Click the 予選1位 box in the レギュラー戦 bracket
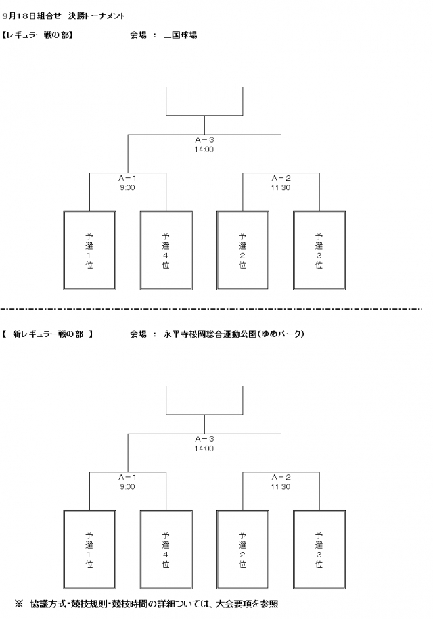click(x=89, y=250)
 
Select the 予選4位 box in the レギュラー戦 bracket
click(x=166, y=250)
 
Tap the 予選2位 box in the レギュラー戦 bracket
click(x=242, y=250)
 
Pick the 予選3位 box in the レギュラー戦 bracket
click(x=319, y=250)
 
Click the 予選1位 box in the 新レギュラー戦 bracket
click(x=89, y=549)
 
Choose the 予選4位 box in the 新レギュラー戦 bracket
click(x=166, y=549)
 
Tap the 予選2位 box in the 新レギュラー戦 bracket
click(x=242, y=549)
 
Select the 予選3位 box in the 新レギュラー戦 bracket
click(x=319, y=549)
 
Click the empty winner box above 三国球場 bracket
click(x=204, y=101)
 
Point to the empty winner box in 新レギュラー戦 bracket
click(x=204, y=400)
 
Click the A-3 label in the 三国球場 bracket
click(x=204, y=141)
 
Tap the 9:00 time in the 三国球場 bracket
click(x=127, y=188)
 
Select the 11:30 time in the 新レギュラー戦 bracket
click(x=280, y=486)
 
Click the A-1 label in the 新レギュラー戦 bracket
click(x=127, y=477)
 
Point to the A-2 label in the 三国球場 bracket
click(x=280, y=179)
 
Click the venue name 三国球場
click(x=181, y=35)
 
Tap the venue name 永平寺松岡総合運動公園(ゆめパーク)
click(x=233, y=334)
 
